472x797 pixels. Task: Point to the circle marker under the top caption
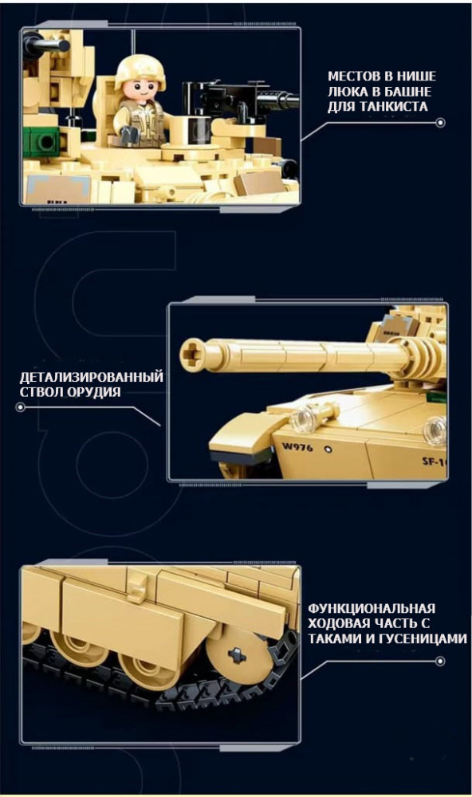(440, 123)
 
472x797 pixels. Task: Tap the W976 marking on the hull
(298, 447)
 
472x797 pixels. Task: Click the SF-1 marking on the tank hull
(435, 461)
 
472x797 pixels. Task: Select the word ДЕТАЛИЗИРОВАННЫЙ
(92, 377)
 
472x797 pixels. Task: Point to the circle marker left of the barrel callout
(21, 407)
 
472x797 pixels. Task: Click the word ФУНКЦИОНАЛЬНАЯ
(372, 608)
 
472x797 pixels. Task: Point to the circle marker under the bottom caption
(440, 662)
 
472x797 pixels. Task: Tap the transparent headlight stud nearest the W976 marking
(301, 418)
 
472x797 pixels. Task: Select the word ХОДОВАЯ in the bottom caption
(338, 624)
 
